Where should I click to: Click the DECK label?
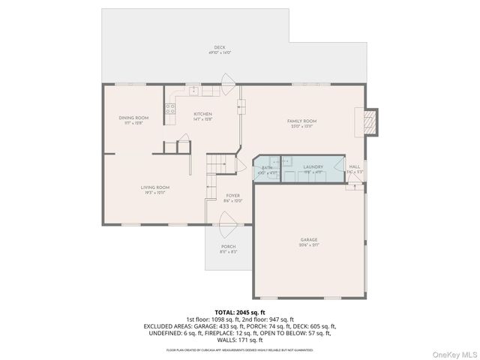pyautogui.click(x=220, y=47)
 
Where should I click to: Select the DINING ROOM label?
pyautogui.click(x=133, y=118)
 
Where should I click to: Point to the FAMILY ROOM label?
pyautogui.click(x=302, y=121)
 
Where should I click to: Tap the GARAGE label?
pyautogui.click(x=309, y=240)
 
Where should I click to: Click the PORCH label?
pyautogui.click(x=228, y=247)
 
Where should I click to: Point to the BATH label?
pyautogui.click(x=267, y=168)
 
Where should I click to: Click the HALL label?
pyautogui.click(x=355, y=166)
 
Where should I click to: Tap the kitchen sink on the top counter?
pyautogui.click(x=193, y=91)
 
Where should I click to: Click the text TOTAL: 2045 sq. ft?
pyautogui.click(x=240, y=311)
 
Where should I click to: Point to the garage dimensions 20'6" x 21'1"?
pyautogui.click(x=309, y=245)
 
